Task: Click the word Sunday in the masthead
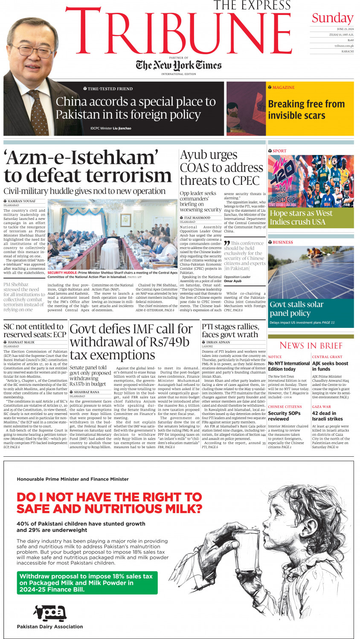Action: click(x=332, y=18)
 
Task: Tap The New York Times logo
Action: click(x=179, y=65)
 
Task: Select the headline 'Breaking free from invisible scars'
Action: click(x=306, y=110)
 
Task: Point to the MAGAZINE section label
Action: click(x=283, y=88)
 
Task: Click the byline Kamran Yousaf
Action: click(x=22, y=201)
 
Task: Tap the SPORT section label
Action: click(x=279, y=151)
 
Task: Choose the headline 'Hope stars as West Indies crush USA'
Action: click(x=301, y=217)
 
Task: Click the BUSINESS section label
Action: click(x=282, y=242)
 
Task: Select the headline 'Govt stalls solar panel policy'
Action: click(x=296, y=309)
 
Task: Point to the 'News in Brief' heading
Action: click(x=311, y=345)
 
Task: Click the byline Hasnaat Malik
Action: click(x=21, y=342)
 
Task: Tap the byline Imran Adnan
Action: click(x=218, y=342)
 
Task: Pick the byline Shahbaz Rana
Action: click(x=87, y=392)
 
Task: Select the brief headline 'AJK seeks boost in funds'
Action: click(x=330, y=366)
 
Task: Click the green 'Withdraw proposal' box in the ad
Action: click(x=87, y=583)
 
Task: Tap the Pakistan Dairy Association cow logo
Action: click(x=50, y=613)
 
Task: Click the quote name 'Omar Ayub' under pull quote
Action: click(x=233, y=281)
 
